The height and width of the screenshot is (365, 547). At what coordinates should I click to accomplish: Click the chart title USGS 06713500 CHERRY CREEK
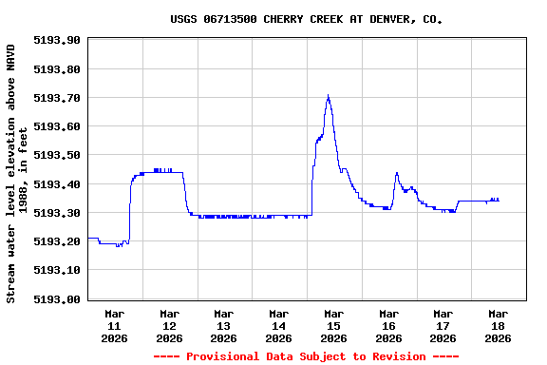306,19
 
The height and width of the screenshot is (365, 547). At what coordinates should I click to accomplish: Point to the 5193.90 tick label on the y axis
56,40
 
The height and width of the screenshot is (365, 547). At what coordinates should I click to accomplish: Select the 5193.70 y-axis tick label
56,98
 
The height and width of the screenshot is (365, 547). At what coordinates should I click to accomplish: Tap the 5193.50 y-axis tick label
56,155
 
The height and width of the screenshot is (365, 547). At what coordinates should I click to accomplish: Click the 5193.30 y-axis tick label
56,213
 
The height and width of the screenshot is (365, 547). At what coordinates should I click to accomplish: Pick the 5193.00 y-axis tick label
56,299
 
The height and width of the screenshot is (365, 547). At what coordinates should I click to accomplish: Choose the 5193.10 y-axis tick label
56,270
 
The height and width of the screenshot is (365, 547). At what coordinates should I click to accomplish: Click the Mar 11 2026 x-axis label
115,325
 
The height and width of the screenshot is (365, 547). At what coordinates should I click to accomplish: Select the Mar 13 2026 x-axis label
224,325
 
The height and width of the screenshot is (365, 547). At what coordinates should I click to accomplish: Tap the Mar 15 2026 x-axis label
333,325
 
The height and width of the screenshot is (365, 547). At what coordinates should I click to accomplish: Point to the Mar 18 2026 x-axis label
498,325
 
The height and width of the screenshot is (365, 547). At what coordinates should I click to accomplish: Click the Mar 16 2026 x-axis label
388,325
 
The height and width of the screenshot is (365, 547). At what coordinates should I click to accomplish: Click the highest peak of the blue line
328,96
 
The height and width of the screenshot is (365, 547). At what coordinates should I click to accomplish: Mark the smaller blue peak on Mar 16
396,173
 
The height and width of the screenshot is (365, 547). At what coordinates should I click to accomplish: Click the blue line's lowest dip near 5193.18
118,246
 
